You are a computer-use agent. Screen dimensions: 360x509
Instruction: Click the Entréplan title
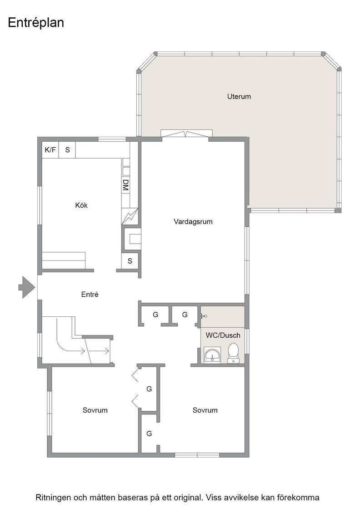[36, 23]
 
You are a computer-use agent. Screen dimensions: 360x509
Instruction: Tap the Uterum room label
[239, 96]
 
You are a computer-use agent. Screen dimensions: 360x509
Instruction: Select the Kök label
[81, 205]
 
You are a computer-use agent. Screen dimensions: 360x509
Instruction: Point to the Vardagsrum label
[193, 222]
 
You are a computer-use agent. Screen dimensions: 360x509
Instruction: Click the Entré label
[90, 294]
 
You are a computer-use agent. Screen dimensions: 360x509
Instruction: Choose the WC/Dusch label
[223, 335]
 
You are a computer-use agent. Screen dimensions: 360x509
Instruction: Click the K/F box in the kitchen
[50, 150]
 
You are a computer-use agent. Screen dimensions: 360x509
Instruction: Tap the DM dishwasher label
[125, 185]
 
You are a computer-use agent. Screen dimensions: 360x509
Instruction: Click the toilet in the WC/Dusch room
[233, 353]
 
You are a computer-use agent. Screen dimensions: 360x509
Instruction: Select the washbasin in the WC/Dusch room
[212, 355]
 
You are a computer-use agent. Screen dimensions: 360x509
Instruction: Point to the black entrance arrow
[26, 287]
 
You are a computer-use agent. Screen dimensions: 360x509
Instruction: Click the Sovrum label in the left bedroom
[95, 410]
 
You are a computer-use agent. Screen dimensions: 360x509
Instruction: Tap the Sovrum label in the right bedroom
[205, 410]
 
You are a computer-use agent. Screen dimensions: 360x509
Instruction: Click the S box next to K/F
[67, 150]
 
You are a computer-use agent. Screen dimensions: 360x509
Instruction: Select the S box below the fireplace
[130, 261]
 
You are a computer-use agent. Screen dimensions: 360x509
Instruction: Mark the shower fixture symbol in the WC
[204, 315]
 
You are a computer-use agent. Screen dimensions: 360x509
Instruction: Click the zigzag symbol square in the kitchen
[130, 216]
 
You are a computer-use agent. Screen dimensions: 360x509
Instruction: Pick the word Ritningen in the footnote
[53, 498]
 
